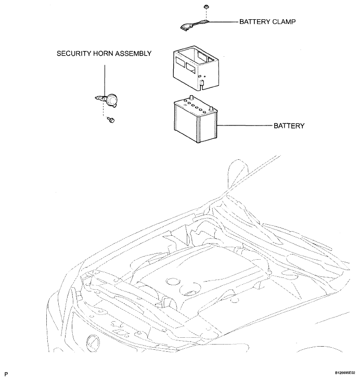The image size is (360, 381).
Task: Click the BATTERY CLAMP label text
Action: (x=267, y=22)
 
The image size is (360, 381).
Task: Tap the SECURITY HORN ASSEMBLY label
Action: (x=104, y=54)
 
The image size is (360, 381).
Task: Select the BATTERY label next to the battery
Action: (x=289, y=125)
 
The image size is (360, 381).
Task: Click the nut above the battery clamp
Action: (x=206, y=7)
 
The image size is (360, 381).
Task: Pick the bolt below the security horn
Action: (x=111, y=120)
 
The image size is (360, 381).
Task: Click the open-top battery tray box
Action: (x=196, y=68)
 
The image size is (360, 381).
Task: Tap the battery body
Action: (x=196, y=120)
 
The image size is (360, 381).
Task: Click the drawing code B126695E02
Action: (x=345, y=373)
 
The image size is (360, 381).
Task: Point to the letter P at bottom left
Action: (x=6, y=374)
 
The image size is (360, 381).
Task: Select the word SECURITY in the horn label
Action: (x=74, y=54)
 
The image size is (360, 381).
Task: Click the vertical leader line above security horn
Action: (x=105, y=81)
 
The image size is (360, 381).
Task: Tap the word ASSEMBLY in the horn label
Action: (x=133, y=54)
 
